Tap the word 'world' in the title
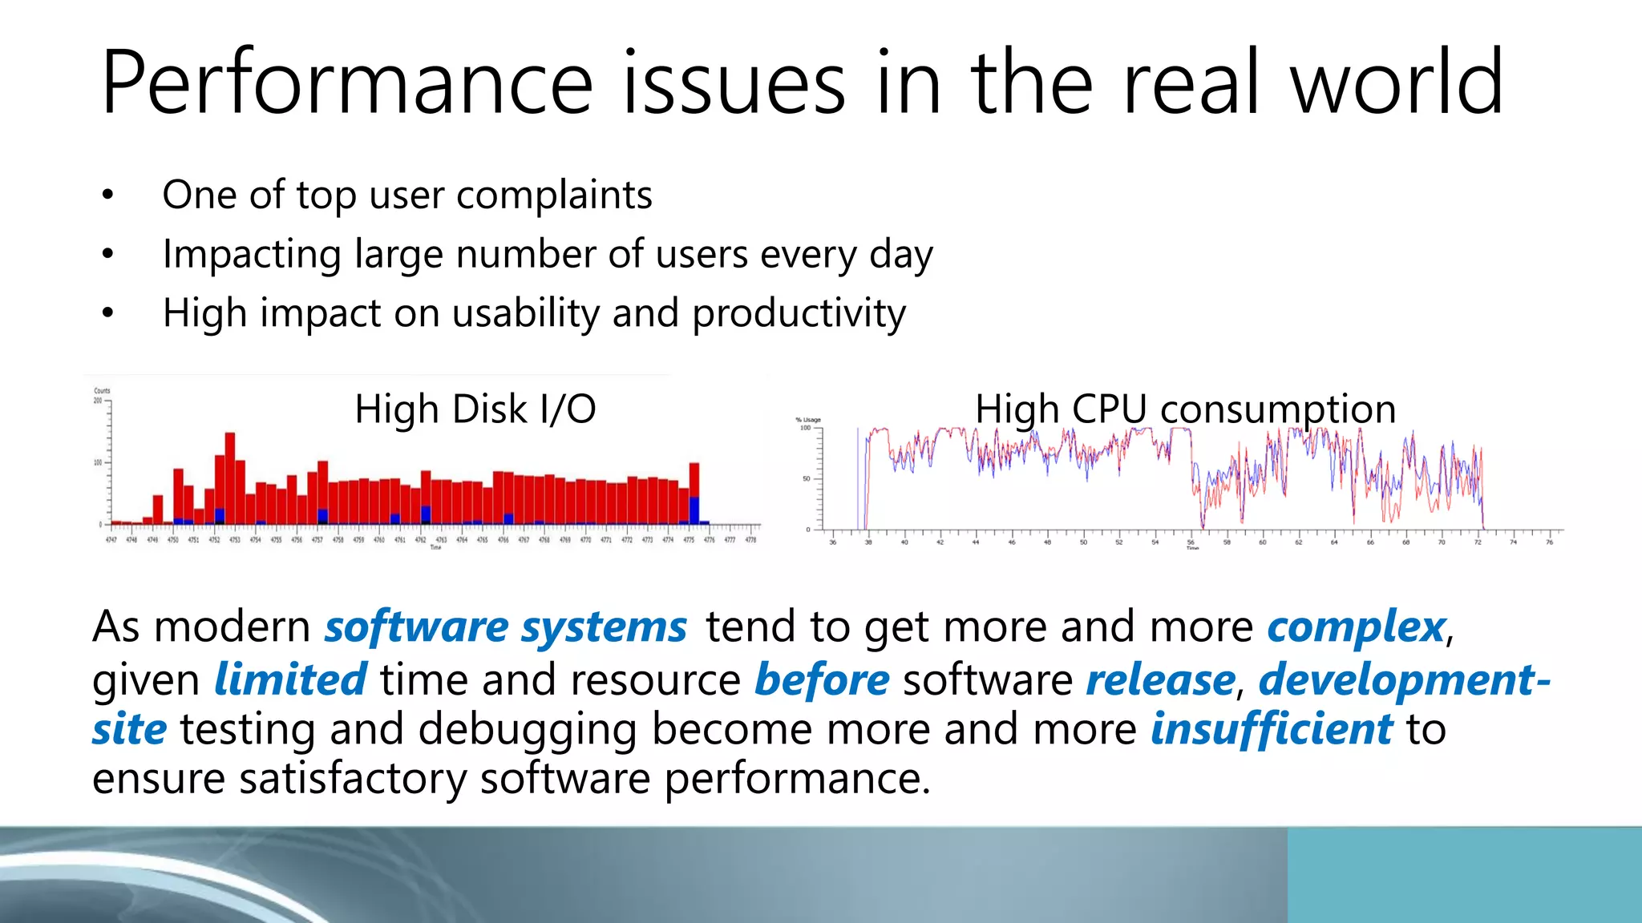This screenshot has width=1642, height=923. (1396, 83)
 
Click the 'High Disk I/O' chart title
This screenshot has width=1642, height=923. (475, 409)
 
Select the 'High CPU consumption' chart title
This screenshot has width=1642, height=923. (1185, 409)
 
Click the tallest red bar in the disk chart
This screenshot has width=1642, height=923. (230, 478)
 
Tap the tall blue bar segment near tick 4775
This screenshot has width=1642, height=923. (694, 510)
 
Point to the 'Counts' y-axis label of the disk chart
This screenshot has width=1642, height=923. (102, 391)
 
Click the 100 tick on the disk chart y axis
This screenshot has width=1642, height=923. (98, 462)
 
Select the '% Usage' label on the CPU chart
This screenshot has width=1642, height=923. (807, 420)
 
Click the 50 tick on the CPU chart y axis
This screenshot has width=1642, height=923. (807, 479)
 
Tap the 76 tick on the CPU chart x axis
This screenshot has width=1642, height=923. (1549, 542)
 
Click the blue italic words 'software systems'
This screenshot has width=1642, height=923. (505, 627)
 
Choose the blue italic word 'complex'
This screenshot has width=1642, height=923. (1356, 627)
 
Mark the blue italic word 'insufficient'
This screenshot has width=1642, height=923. (1272, 729)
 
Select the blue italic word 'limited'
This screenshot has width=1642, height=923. (290, 679)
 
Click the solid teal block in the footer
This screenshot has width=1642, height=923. (1464, 875)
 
